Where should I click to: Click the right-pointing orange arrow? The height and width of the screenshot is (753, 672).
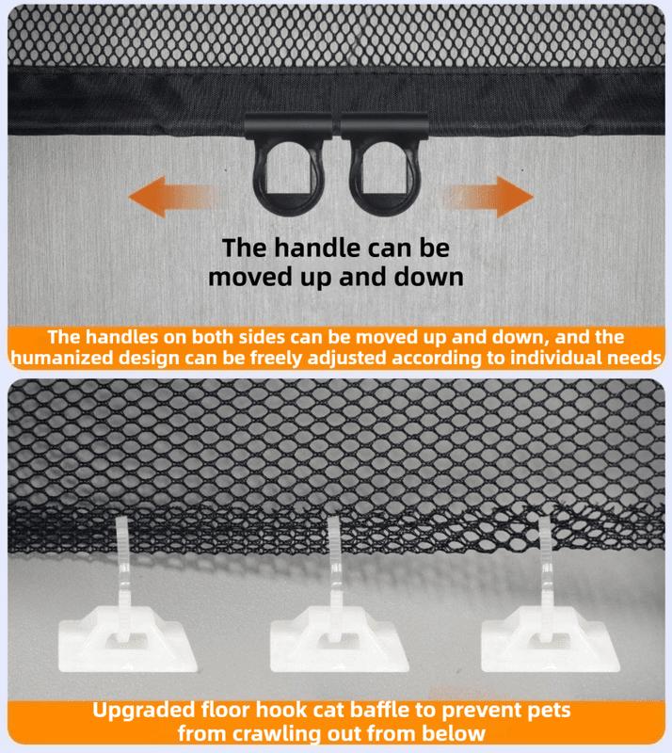(489, 197)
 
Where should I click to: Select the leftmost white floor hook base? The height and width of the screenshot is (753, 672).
(127, 640)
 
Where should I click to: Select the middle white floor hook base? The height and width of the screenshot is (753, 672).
(339, 640)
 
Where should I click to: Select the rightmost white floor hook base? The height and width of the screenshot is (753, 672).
(551, 640)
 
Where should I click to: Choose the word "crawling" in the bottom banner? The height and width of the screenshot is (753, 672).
(277, 734)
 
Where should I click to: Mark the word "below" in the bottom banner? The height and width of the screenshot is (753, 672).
(454, 733)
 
